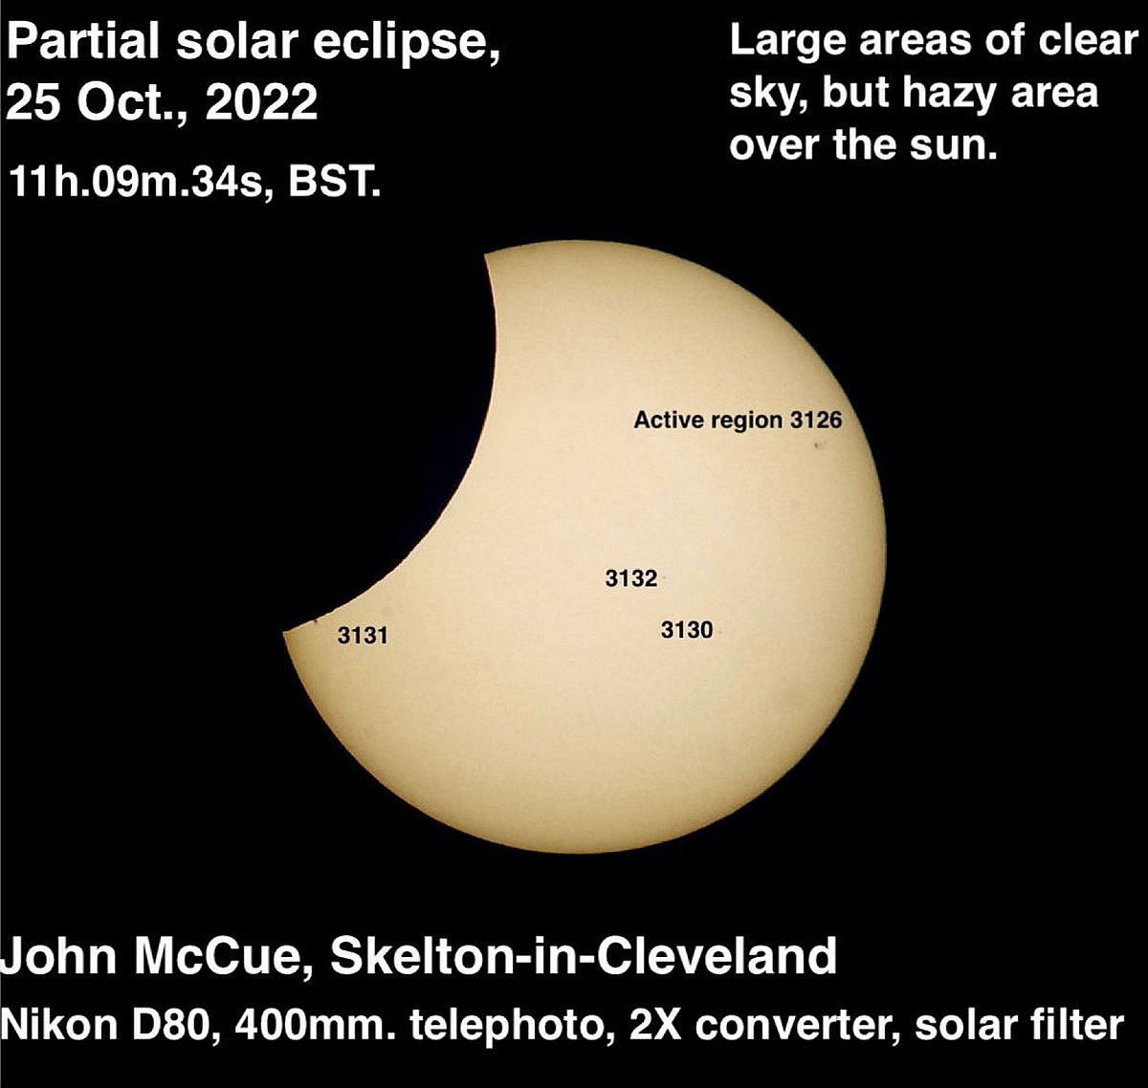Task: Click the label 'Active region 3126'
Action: pos(739,421)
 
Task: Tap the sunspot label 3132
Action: pos(631,578)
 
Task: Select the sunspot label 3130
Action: pos(687,630)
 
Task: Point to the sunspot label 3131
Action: pos(363,635)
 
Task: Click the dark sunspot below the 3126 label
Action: pos(819,446)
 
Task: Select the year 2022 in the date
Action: pos(261,101)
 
